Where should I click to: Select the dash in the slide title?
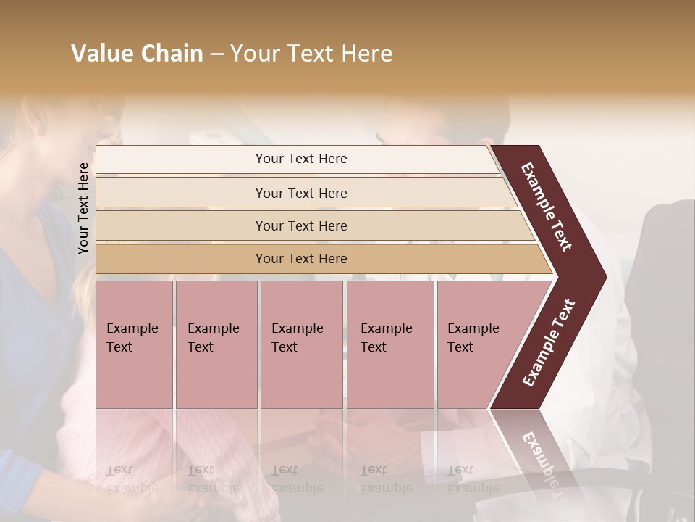pos(216,54)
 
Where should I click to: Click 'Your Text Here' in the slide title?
pos(311,54)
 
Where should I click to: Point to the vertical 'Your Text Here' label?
pos(83,208)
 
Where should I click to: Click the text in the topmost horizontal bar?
pos(301,159)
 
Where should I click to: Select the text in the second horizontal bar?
pos(301,193)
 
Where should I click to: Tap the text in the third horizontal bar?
pos(301,226)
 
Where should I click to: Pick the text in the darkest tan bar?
pos(301,259)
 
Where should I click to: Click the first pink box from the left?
pos(134,344)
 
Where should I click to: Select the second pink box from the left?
pos(216,344)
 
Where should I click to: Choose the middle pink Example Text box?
pos(301,344)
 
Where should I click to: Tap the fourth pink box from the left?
pos(389,344)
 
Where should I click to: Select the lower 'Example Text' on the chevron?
pos(549,343)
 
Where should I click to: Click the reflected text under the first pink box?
pos(132,478)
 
